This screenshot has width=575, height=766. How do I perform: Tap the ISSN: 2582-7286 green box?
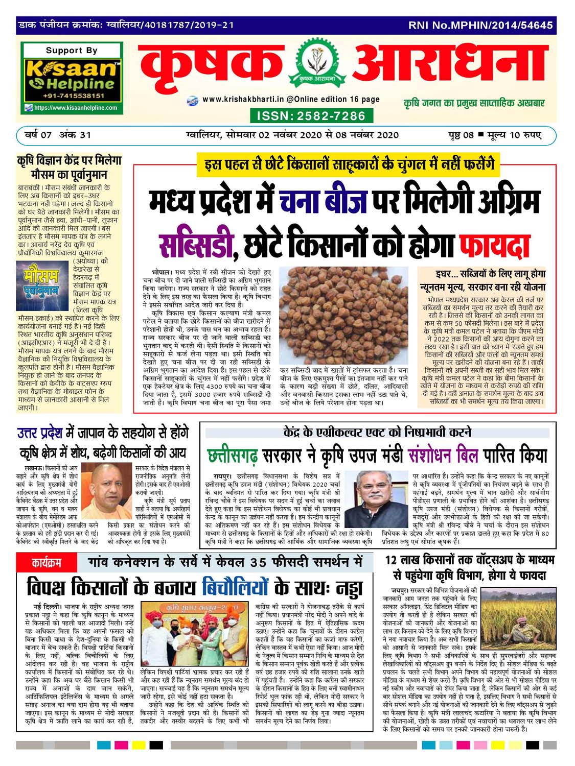[x=311, y=115]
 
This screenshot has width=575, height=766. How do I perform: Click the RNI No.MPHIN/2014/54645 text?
[x=480, y=25]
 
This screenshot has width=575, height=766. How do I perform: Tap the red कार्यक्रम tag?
[x=47, y=564]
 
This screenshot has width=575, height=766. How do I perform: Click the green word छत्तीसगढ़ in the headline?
[x=232, y=456]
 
